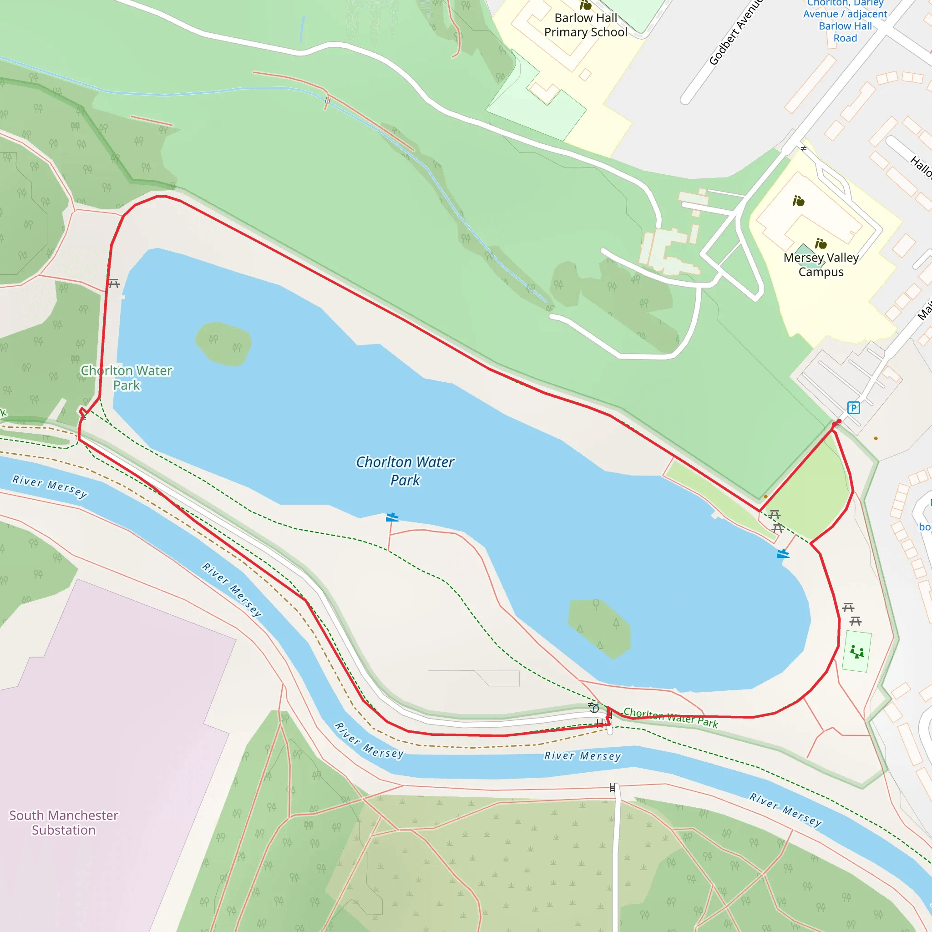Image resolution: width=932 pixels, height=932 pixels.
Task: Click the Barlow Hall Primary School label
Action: point(586,25)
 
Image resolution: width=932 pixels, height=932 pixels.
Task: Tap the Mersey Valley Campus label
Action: point(821,265)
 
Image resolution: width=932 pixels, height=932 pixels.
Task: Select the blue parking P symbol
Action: point(853,408)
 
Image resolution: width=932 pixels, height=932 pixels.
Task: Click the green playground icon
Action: point(857,652)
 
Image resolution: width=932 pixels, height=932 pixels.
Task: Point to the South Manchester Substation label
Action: point(64,822)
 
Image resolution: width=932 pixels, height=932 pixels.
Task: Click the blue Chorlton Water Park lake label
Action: point(405,471)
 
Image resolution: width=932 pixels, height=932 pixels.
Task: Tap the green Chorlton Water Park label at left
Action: point(127,378)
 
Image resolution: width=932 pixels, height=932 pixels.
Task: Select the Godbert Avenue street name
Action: point(736,33)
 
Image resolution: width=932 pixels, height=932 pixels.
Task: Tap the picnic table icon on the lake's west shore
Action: point(114,284)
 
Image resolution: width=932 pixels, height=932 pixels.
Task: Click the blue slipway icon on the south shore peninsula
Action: point(392,517)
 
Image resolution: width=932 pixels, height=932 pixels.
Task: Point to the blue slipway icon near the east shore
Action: point(782,554)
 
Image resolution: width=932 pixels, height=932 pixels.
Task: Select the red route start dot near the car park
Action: point(839,421)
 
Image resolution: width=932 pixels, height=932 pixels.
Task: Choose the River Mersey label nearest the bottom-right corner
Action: point(785,809)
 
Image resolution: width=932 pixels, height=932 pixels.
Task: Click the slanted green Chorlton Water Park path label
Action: point(670,717)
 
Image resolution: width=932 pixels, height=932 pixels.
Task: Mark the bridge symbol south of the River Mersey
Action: point(612,788)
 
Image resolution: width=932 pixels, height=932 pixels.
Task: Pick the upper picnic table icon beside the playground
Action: point(848,608)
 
